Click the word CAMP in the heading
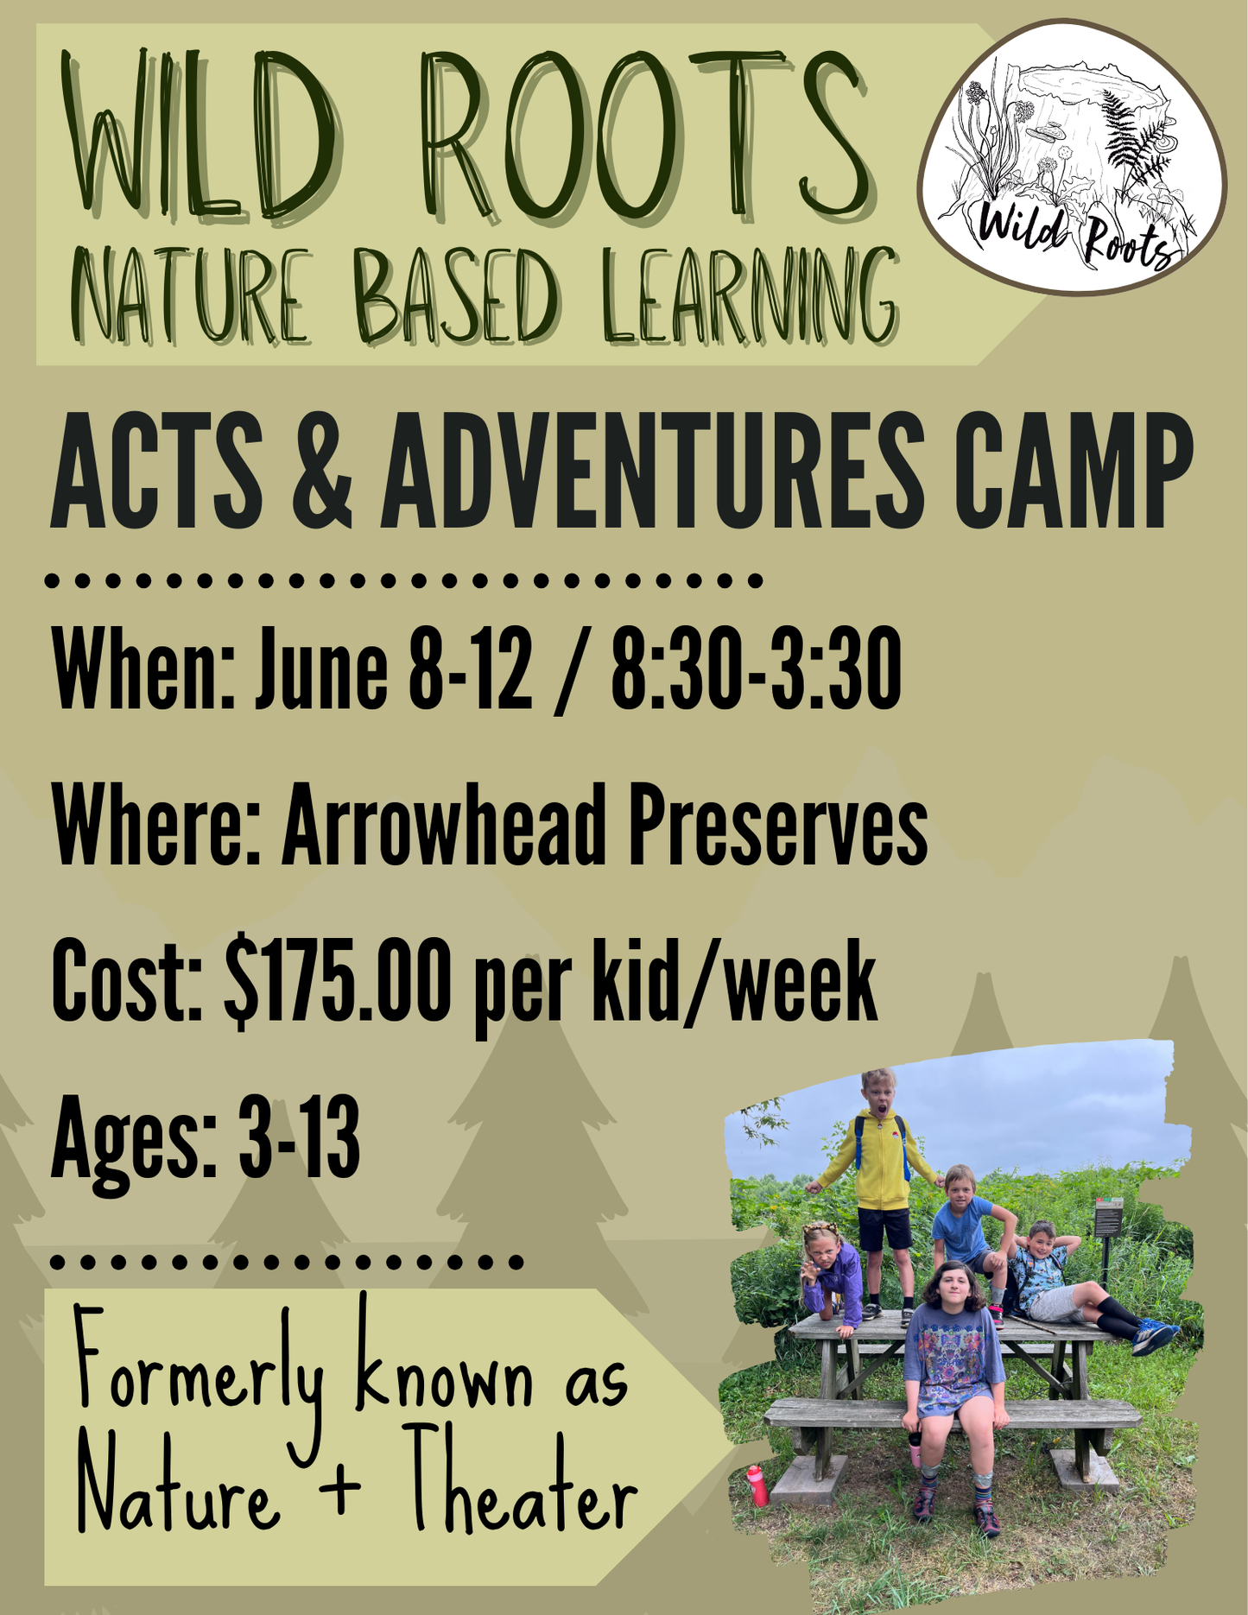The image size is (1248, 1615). coord(1073,470)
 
